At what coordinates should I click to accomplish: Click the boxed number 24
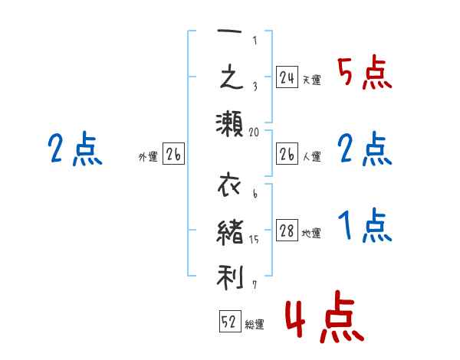coord(287,77)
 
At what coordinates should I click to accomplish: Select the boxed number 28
coord(287,231)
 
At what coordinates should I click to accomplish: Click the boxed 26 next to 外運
coord(173,155)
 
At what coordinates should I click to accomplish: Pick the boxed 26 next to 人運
coord(287,155)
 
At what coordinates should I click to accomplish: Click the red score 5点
coord(363,74)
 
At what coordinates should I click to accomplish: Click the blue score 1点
coord(363,227)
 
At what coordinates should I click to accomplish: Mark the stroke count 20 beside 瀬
coord(255,132)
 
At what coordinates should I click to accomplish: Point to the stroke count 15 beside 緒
coord(255,241)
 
